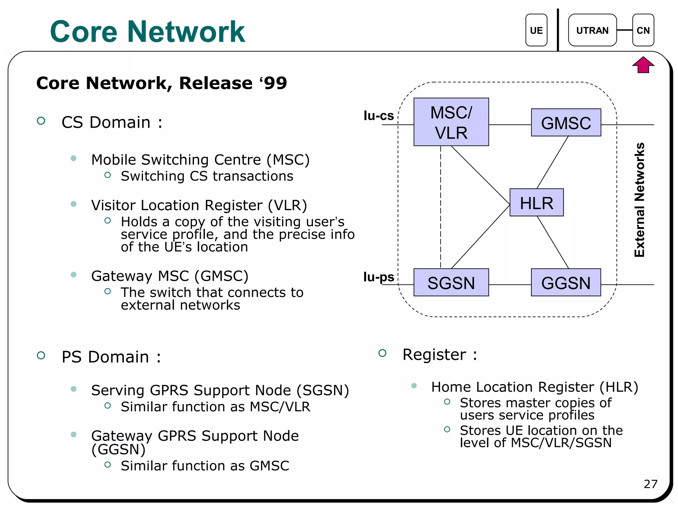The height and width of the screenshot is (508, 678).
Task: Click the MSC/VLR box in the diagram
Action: point(451,122)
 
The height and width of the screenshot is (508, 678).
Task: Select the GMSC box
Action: point(566,122)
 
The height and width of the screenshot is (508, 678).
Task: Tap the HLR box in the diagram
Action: point(536,202)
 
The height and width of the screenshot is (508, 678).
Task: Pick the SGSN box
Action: point(451,282)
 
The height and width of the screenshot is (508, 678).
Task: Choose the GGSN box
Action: point(566,282)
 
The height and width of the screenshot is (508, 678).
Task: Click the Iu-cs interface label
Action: point(378,115)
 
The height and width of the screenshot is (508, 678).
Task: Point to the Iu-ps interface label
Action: point(378,276)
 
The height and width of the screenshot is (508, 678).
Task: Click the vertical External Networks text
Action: point(640,200)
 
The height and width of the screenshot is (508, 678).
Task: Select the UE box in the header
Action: point(536,30)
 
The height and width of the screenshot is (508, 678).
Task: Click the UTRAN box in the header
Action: point(592,30)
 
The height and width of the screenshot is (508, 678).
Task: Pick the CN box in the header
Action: point(643,30)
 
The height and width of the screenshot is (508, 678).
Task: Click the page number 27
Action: point(650,484)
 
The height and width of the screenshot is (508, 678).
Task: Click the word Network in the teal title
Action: point(186,32)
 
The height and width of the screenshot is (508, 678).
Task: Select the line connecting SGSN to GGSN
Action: point(510,284)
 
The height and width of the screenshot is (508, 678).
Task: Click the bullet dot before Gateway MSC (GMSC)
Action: point(73,275)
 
